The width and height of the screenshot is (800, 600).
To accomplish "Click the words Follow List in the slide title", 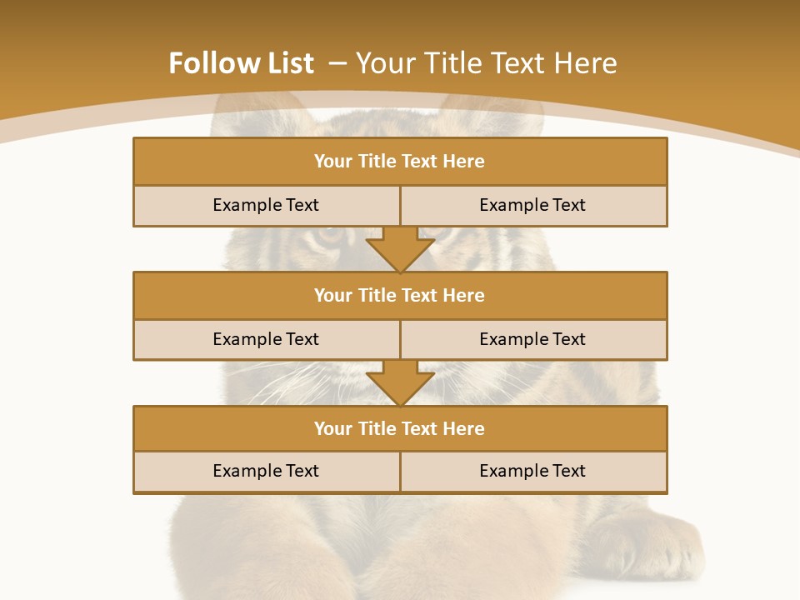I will coord(241,63).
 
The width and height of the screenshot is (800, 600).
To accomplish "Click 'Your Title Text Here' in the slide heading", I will coord(487,63).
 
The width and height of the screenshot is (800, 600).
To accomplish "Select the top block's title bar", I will coord(400,162).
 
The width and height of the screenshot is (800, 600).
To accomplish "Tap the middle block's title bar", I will coord(400,296).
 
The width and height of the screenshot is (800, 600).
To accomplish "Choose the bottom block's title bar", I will coord(400,429).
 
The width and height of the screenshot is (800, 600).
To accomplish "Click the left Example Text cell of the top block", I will coord(266,206).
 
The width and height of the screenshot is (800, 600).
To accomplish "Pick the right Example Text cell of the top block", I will coord(533,206).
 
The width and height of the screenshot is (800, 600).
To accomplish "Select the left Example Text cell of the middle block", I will coord(266,340).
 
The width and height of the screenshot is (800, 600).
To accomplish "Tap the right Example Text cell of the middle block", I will coord(533,340).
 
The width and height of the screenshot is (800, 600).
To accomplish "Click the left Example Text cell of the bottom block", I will coord(266,472).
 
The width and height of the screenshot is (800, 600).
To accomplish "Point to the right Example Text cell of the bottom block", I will coord(533,472).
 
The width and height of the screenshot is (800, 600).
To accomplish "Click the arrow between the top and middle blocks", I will coord(400,249).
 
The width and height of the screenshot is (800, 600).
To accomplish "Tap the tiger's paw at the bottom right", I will coord(658,546).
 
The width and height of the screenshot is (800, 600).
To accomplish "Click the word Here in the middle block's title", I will coord(464,296).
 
